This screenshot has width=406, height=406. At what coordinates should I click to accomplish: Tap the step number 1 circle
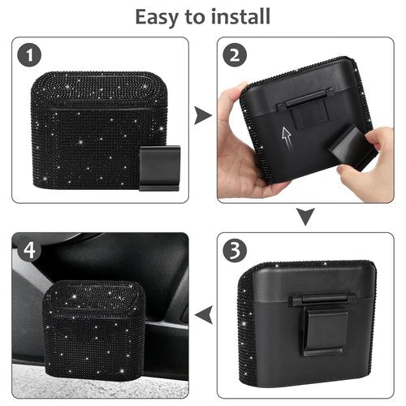tap(31, 56)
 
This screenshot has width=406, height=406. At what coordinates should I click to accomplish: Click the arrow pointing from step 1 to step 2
tap(202, 115)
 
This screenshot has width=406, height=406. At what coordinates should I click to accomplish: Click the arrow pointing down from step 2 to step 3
tap(304, 216)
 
